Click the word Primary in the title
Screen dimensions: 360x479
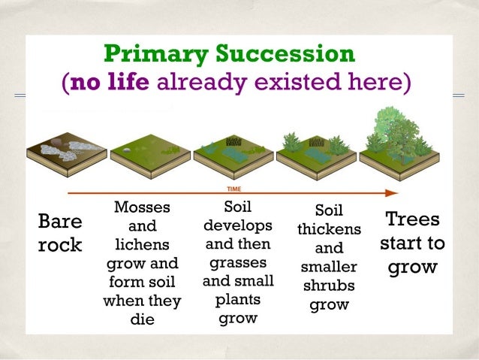point(153,54)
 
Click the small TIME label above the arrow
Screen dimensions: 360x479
point(234,189)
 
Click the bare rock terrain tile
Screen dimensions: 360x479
point(66,151)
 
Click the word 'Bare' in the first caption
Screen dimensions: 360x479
point(60,222)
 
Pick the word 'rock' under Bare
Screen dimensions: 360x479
point(60,246)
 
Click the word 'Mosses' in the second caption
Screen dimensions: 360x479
point(142,207)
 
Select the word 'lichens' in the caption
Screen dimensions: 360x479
point(142,245)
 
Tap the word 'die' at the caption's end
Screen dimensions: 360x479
point(142,320)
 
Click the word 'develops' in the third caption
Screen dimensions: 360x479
point(237,225)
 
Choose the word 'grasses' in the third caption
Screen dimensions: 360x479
point(237,263)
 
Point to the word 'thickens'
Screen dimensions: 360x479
point(329,228)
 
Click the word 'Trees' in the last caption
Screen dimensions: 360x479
point(412,220)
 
